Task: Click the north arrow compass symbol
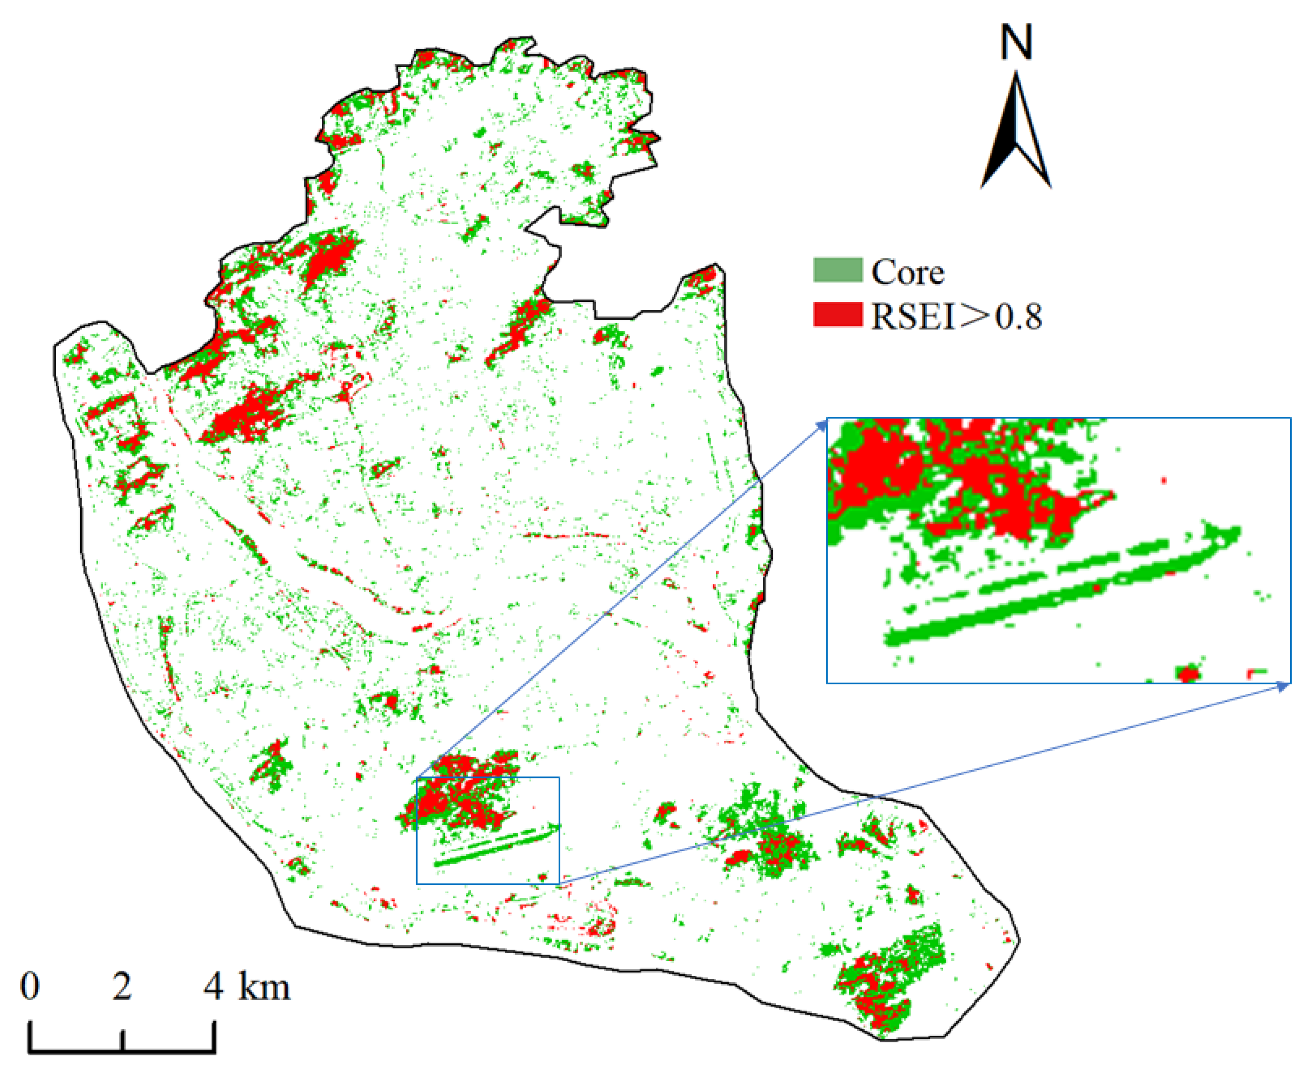[x=1015, y=133]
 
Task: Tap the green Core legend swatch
[x=837, y=270]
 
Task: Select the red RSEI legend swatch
[x=837, y=314]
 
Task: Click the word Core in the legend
[x=907, y=272]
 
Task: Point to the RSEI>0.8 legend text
[x=956, y=316]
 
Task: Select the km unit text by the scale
[x=264, y=987]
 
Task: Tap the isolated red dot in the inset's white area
[x=1164, y=480]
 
